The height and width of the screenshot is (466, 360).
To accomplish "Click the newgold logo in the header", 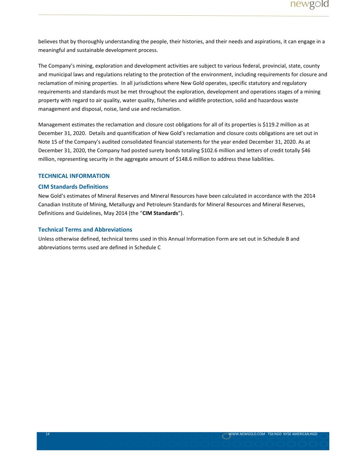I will [309, 4].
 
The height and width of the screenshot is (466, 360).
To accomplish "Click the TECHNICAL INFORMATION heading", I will [74, 176].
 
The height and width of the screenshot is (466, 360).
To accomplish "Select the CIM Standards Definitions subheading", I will [73, 187].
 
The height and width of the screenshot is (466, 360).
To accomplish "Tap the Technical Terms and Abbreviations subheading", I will [85, 229].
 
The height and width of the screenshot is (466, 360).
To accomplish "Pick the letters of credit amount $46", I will [306, 151].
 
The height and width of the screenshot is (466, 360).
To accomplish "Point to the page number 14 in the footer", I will [47, 434].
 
